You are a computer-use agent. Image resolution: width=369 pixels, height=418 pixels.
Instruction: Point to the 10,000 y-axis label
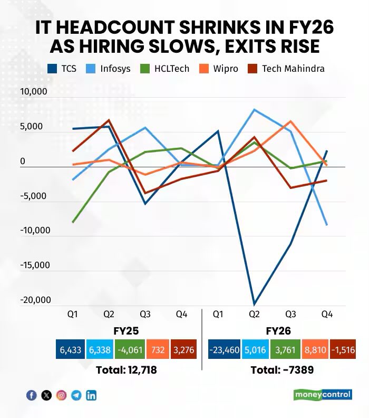pos(34,92)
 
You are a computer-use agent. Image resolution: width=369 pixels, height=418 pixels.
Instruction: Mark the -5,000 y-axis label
pos(34,196)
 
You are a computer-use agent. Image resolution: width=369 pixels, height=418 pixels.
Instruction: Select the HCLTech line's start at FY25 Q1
pos(73,222)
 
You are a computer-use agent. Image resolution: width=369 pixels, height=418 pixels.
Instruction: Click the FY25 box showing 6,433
pos(71,349)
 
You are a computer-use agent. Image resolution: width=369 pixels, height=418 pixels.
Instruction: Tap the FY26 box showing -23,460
pos(224,349)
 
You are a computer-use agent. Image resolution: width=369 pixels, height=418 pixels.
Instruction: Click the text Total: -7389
pos(282,370)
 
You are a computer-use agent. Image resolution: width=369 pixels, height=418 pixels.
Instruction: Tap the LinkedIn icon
pos(91,395)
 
